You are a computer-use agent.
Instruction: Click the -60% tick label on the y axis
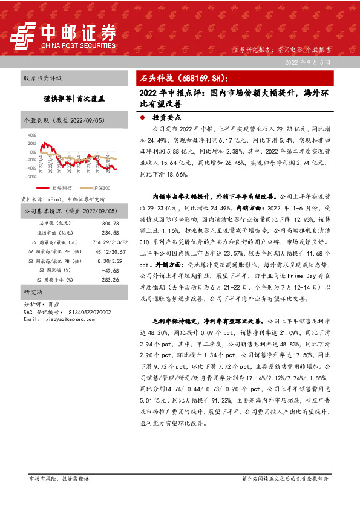click(31, 177)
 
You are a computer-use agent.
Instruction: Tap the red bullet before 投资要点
click(142, 118)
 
